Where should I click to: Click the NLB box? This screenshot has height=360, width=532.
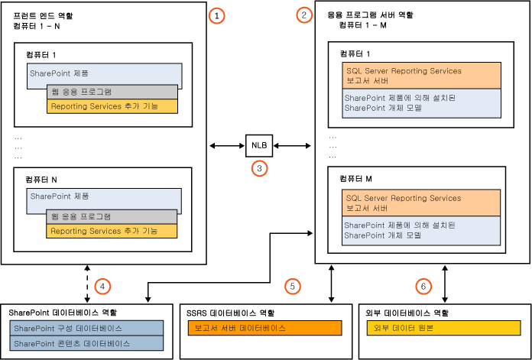(259, 144)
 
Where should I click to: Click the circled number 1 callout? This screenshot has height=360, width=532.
(217, 15)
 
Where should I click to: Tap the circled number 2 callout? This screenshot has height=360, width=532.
(306, 15)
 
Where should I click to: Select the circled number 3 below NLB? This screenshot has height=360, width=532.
(259, 168)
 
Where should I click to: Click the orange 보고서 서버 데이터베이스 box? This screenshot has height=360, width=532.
(264, 328)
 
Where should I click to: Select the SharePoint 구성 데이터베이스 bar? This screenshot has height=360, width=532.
(87, 328)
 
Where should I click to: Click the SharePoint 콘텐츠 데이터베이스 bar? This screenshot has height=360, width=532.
(87, 343)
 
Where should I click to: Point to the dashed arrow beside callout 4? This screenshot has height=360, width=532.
(89, 283)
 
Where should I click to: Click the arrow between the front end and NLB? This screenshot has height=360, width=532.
(227, 144)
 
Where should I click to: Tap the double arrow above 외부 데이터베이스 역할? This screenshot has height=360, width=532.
(443, 283)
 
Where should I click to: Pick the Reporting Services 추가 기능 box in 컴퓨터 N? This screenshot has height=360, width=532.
(112, 231)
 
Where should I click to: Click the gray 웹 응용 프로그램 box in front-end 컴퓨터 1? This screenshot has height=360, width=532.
(112, 91)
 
